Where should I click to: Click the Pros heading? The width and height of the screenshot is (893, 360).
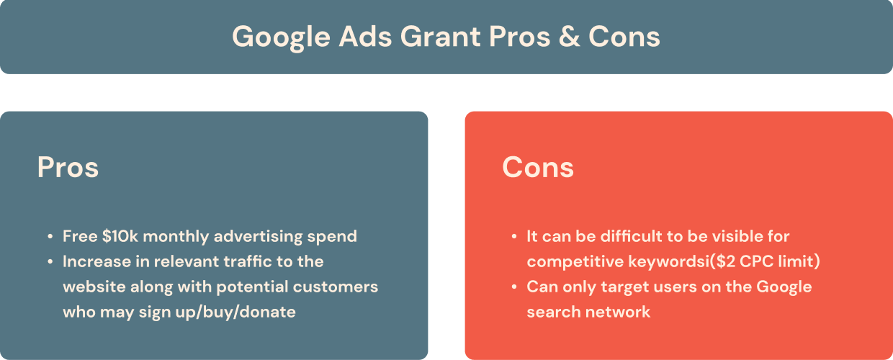[68, 167]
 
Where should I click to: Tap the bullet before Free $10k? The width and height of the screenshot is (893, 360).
[50, 236]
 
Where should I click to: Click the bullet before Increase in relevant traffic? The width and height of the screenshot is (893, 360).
[50, 261]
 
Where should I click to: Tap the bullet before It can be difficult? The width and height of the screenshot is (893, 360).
[513, 236]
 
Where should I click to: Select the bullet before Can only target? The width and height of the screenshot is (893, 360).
[513, 287]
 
